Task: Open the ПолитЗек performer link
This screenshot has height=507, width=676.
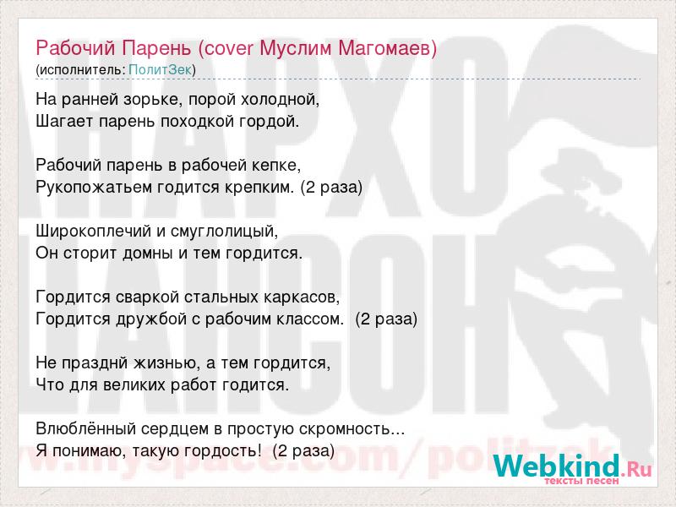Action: coord(160,70)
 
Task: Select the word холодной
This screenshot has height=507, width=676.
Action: coord(280,100)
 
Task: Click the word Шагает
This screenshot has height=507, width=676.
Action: coord(65,122)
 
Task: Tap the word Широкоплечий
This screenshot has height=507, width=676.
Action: coord(94,232)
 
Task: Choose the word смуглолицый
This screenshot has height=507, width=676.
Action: coord(224,232)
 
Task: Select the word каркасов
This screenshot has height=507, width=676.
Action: coord(302,297)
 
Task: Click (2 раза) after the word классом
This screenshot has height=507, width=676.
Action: coord(386,319)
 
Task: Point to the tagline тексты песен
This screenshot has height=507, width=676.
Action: coord(581,481)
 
